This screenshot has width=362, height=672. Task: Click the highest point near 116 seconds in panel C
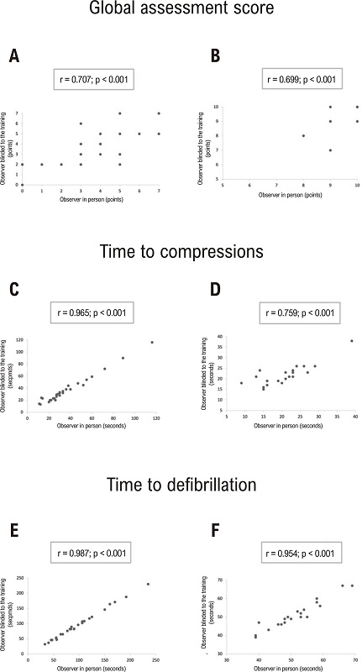(152, 342)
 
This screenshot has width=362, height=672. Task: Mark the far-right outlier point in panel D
(351, 341)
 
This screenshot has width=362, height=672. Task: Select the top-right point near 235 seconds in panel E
(148, 585)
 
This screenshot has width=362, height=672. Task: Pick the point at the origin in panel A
(23, 185)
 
